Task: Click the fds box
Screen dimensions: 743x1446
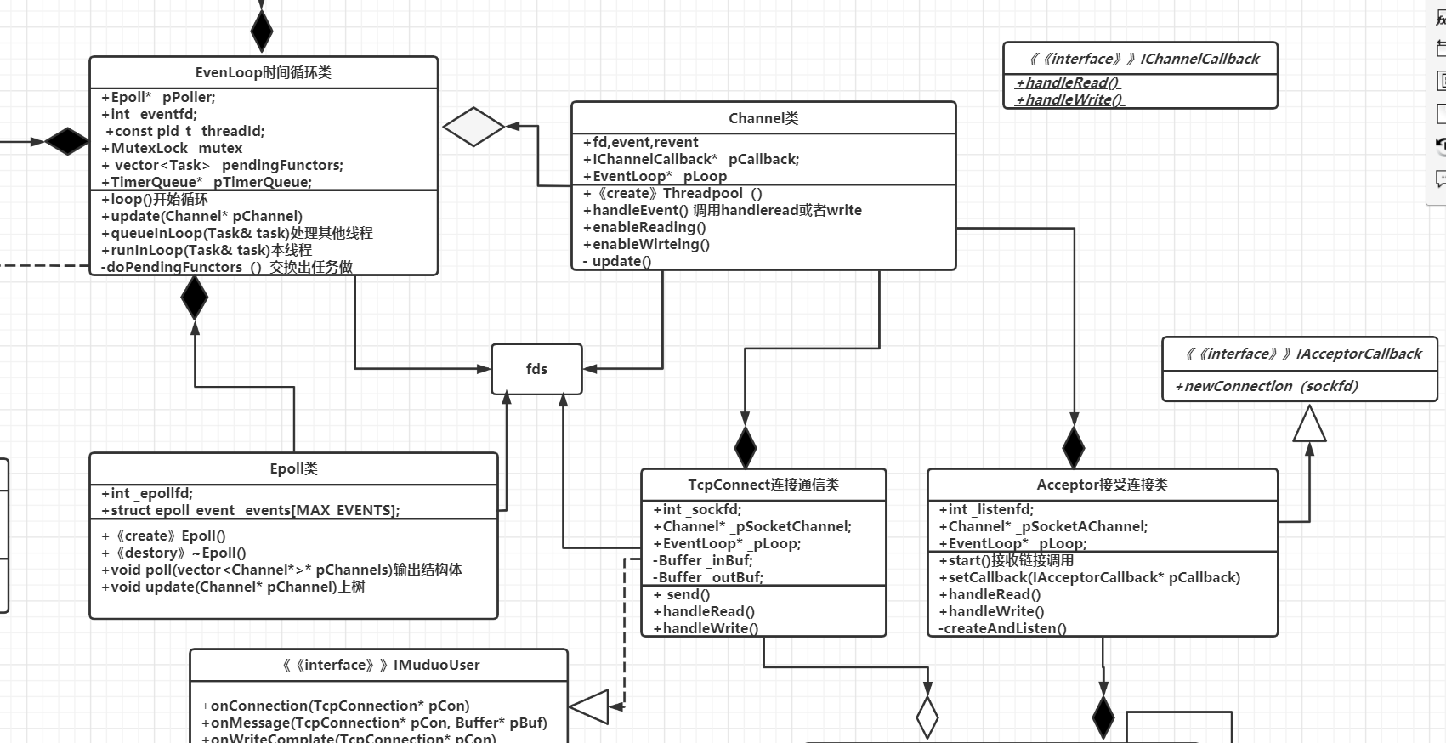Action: [536, 369]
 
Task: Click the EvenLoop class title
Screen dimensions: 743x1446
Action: [263, 72]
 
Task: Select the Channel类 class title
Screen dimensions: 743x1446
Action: [763, 118]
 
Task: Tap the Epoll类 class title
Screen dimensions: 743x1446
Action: [293, 468]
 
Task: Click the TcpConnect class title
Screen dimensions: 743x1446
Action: [763, 485]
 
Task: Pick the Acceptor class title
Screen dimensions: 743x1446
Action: [1102, 485]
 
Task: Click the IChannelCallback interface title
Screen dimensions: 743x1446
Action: [1141, 59]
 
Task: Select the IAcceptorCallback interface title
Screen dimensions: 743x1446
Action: [1301, 354]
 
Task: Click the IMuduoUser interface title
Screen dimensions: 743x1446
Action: [379, 665]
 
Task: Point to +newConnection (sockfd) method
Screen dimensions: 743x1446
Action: [1267, 386]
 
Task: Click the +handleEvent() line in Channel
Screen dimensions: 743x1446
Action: [723, 210]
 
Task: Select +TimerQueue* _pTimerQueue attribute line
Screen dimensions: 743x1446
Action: [207, 182]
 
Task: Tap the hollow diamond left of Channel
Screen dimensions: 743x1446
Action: [473, 128]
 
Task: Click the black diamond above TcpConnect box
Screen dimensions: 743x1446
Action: [746, 447]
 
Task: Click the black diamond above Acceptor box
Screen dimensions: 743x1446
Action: [1074, 447]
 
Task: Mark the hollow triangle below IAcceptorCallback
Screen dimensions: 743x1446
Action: [1309, 424]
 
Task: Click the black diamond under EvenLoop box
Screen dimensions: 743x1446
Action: [195, 297]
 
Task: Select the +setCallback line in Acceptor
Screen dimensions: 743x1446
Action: [1090, 577]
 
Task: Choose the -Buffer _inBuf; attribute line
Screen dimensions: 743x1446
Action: [703, 560]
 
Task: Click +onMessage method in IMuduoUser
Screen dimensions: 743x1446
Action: [374, 723]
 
